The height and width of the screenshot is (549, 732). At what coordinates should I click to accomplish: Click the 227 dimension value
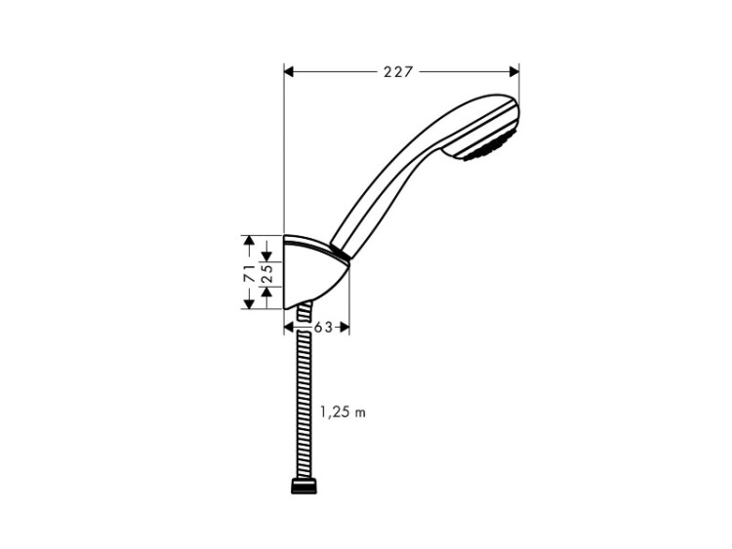398,72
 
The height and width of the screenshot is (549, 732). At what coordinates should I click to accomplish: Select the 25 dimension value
267,273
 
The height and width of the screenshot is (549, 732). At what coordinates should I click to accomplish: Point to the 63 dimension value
323,328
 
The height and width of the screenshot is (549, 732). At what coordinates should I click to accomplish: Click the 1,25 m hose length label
343,412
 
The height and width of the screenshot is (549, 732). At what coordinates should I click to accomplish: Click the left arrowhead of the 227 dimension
290,72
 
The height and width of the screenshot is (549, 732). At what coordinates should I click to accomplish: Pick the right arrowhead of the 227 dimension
514,72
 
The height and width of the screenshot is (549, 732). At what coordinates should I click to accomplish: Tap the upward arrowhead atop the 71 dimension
249,241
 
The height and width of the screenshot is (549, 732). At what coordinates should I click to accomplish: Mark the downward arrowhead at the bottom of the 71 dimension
249,303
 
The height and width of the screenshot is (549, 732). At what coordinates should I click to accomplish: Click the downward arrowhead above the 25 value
267,256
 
